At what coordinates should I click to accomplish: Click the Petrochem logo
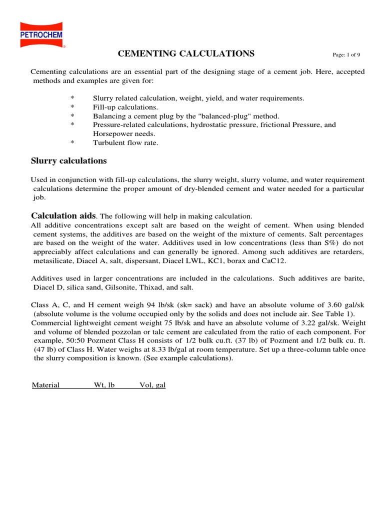[42, 34]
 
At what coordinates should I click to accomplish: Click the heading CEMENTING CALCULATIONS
[186, 53]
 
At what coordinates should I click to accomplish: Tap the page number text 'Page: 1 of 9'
[346, 54]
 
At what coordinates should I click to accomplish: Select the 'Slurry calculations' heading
[69, 161]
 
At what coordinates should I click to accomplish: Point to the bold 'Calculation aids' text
[63, 215]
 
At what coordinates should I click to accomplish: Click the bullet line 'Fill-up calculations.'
[125, 107]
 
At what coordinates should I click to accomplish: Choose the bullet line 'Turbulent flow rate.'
[125, 142]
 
